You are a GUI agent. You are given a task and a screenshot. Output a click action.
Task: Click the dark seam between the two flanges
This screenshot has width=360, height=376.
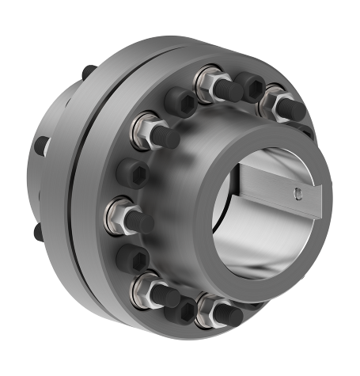click(x=75, y=190)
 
